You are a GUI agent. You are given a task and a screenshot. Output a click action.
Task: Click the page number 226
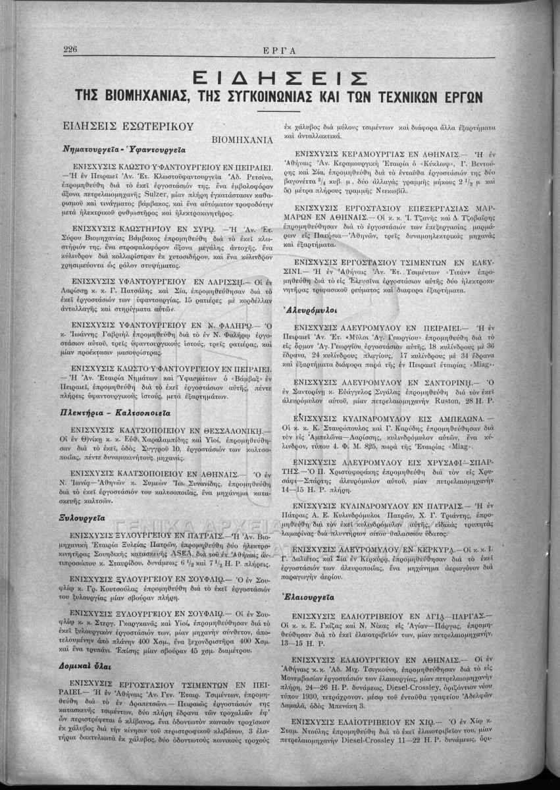pyautogui.click(x=71, y=49)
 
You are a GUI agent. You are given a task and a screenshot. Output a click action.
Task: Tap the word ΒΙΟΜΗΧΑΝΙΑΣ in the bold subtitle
pyautogui.click(x=132, y=96)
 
